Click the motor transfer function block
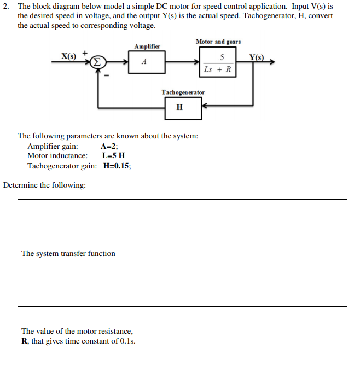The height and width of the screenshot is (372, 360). coord(218,63)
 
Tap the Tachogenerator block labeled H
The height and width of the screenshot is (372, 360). coord(180,107)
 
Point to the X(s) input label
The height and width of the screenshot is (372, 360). coord(68,56)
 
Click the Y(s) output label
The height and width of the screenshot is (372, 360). coord(256,57)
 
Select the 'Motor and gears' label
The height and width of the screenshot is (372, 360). coord(218,42)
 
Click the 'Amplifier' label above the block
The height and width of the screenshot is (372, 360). coord(147,47)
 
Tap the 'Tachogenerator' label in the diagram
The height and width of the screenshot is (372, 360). coord(183,92)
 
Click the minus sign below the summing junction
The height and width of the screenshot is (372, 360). coord(107,76)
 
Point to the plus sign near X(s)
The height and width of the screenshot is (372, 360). coord(85,53)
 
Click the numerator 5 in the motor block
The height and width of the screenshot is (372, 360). coord(221,57)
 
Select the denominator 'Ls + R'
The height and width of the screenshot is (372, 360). coord(217,69)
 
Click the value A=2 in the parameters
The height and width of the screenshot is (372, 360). coord(109,146)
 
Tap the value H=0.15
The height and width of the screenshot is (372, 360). coord(117,166)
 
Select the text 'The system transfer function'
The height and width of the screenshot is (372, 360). coord(68,253)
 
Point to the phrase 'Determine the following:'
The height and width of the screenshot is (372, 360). coord(44,185)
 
